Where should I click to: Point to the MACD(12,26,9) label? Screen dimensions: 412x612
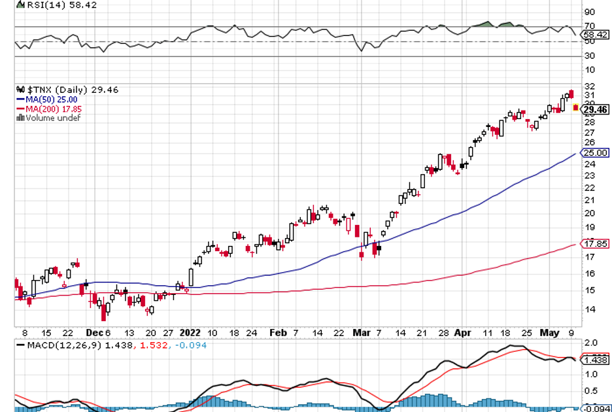(59, 344)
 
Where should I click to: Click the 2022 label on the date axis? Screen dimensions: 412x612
(190, 332)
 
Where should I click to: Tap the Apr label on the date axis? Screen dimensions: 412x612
(462, 332)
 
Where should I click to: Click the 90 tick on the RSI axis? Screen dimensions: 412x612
(588, 12)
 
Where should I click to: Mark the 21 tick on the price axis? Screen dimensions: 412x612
(588, 200)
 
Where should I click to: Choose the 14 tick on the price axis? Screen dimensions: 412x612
(588, 309)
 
